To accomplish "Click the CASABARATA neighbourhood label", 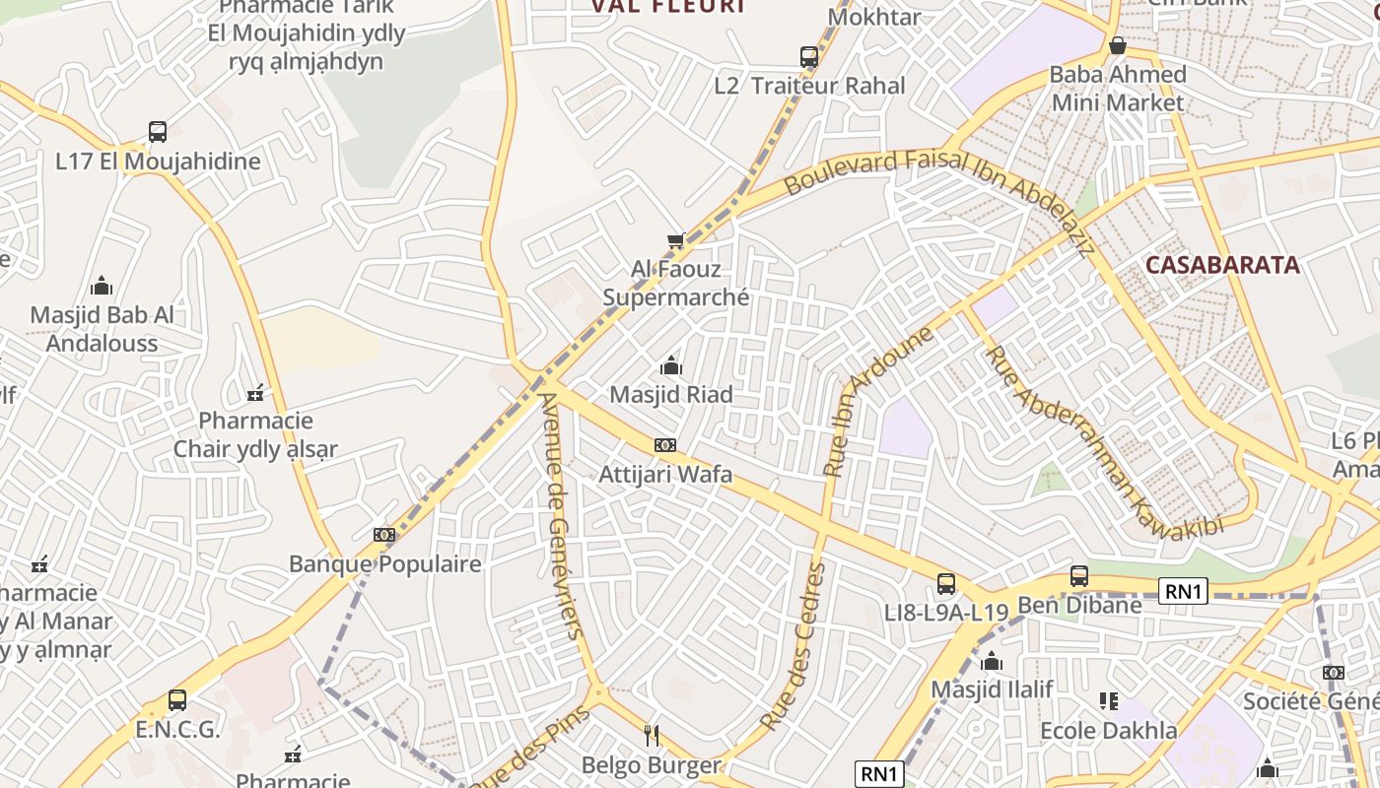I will [x=1222, y=265].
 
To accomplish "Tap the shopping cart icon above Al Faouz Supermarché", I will [x=675, y=241].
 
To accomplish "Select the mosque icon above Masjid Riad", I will [x=671, y=366].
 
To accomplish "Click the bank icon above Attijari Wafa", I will [x=665, y=445].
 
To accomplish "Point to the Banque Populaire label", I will [x=384, y=564].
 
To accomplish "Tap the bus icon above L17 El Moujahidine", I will [x=158, y=132].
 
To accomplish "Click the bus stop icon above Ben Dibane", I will [x=1079, y=576].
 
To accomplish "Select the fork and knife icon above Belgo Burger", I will [x=651, y=735].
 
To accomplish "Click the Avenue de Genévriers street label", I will [x=561, y=517].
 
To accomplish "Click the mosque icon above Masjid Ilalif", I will [x=992, y=661].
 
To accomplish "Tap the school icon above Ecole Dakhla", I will [x=1109, y=701].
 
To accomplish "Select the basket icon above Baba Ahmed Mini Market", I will [x=1118, y=45].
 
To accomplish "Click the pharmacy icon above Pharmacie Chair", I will [x=256, y=393].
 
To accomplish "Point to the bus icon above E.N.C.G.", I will [x=177, y=700].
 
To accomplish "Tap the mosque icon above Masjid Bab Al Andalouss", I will [x=102, y=287].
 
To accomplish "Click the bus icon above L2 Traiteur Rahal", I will [x=809, y=57].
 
